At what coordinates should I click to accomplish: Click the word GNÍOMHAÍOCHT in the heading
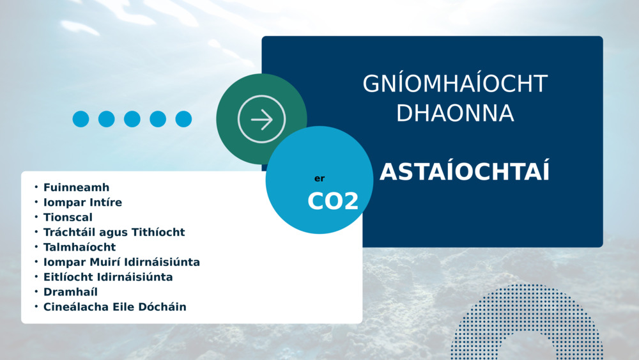[x=455, y=83]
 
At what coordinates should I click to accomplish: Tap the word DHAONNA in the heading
[x=455, y=113]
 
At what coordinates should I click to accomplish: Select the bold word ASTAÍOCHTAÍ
[x=465, y=171]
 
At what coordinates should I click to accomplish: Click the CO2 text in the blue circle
[x=333, y=201]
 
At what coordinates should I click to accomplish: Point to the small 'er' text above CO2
[x=319, y=178]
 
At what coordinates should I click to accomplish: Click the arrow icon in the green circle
[x=261, y=119]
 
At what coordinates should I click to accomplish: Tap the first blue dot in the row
[x=81, y=119]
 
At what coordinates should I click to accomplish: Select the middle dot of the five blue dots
[x=132, y=119]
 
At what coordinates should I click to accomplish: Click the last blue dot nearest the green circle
[x=183, y=119]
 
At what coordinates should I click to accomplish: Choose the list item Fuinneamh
[x=76, y=187]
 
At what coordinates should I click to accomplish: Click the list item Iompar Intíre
[x=82, y=202]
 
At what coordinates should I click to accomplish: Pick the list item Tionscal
[x=68, y=217]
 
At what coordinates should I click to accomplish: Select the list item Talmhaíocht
[x=79, y=247]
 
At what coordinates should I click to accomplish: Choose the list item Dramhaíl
[x=70, y=292]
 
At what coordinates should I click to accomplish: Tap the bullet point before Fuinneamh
[x=36, y=187]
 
